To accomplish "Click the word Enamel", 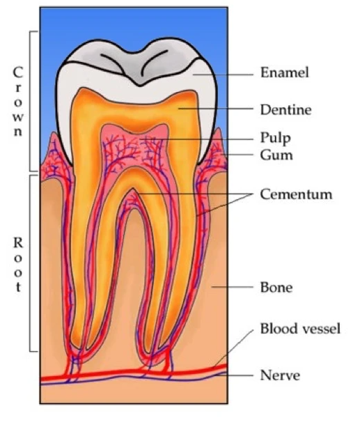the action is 285,72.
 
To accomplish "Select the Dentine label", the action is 286,110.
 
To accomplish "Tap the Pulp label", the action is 275,138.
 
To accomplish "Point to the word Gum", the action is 276,155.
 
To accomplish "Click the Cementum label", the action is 296,194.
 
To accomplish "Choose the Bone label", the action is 276,287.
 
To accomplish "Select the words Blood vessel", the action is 300,328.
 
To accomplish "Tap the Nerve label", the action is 280,375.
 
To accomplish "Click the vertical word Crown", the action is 17,102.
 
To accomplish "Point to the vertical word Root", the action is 18,265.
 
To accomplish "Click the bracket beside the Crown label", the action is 30,101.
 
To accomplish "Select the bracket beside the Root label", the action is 30,263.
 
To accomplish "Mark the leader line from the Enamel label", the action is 223,74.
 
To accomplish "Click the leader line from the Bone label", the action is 233,287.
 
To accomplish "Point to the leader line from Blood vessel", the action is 234,349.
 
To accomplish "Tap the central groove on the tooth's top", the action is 140,84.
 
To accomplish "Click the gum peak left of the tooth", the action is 54,134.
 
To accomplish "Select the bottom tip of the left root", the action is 79,348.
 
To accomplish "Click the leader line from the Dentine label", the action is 216,109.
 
